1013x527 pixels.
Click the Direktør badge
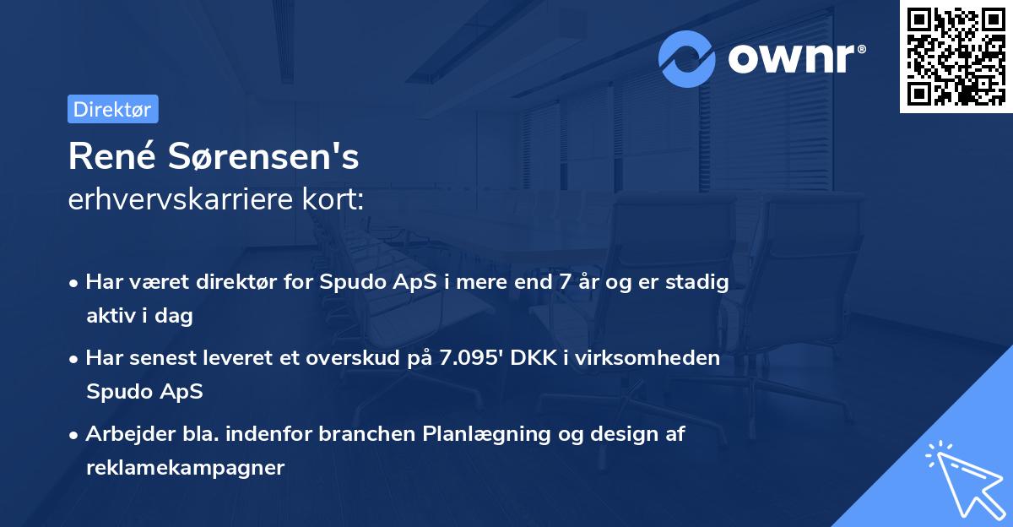[x=112, y=110]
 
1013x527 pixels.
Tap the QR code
[x=956, y=57]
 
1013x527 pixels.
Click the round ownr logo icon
[x=687, y=58]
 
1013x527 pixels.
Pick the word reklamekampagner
[x=185, y=467]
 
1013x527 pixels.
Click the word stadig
[x=700, y=282]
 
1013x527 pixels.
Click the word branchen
[x=370, y=434]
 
